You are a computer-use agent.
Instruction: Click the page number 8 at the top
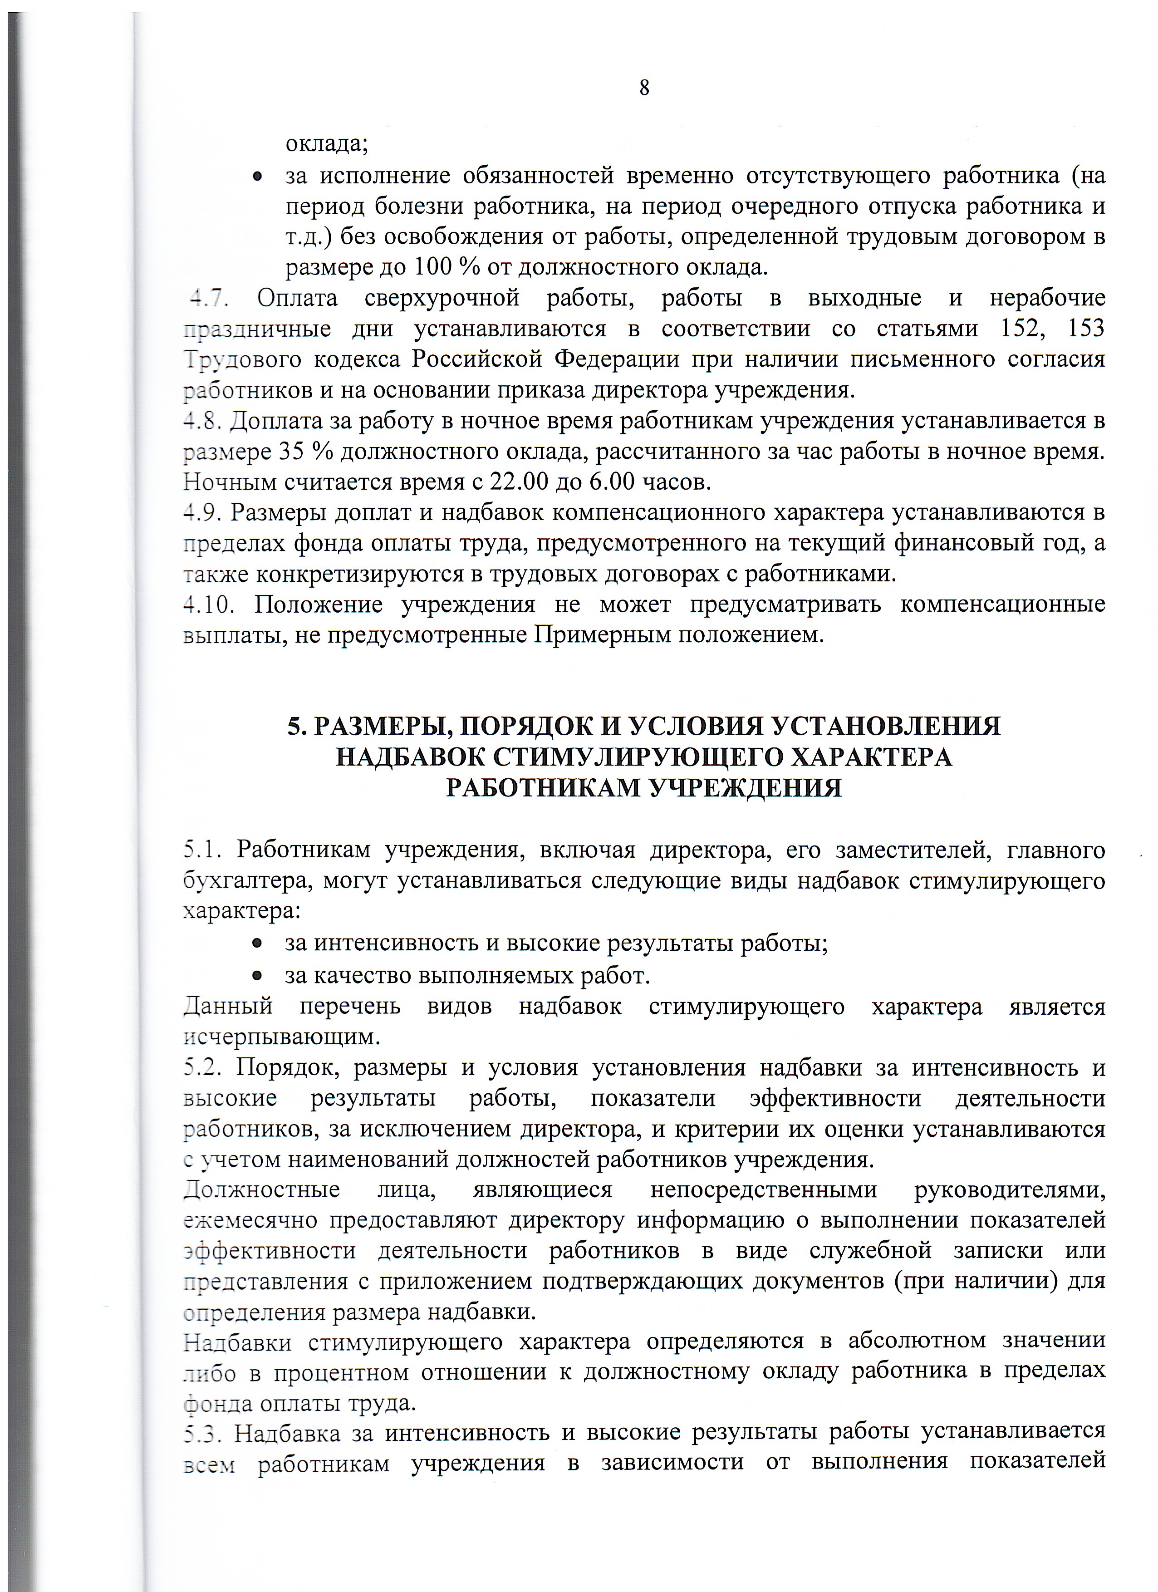click(x=644, y=88)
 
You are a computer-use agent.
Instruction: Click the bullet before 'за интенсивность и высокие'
click(x=258, y=945)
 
